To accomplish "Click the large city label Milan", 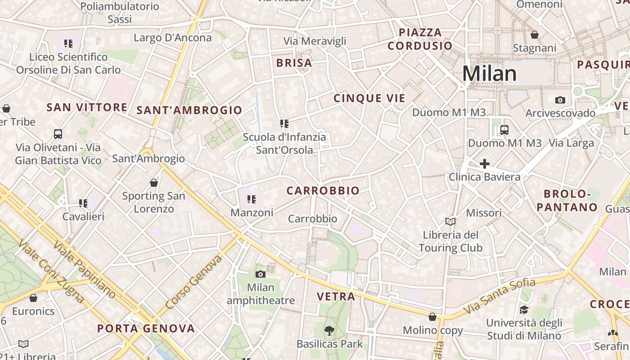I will pos(490,74).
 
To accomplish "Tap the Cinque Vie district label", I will pos(369,99).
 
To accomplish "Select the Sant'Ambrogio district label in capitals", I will pos(189,110).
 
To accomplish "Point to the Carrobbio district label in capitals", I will pos(323,191).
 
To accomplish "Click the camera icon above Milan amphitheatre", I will pos(260,274).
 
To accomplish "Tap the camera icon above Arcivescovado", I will pos(560,100).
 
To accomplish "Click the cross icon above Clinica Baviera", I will pos(484,164).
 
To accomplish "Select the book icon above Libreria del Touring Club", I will pos(450,221).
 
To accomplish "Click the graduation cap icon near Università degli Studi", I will pos(524,310).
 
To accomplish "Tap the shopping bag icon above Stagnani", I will pos(535,35).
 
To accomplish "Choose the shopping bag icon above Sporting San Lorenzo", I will pos(154,183).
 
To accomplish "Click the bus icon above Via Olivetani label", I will pos(58,134).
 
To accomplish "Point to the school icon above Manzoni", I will pos(251,199).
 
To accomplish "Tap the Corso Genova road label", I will pos(194,283).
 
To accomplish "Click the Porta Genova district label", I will pos(146,328).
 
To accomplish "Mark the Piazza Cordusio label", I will pos(420,39).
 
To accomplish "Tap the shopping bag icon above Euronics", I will pos(33,298).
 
